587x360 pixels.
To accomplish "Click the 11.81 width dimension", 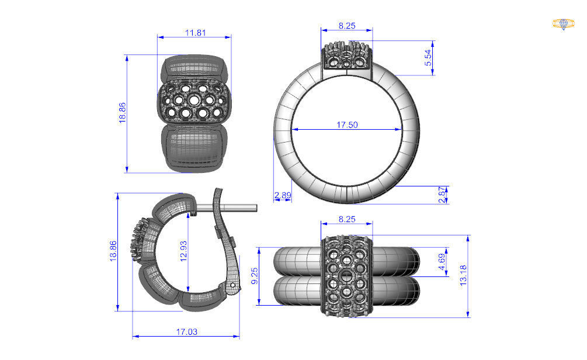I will point(195,33).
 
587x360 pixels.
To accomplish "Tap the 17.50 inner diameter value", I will point(346,124).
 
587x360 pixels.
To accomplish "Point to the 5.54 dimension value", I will point(428,57).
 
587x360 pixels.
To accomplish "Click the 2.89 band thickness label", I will point(282,195).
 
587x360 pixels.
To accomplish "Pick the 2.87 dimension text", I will point(442,195).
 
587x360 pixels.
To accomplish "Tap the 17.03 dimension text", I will point(186,331).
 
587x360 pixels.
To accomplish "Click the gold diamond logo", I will point(563,24).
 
